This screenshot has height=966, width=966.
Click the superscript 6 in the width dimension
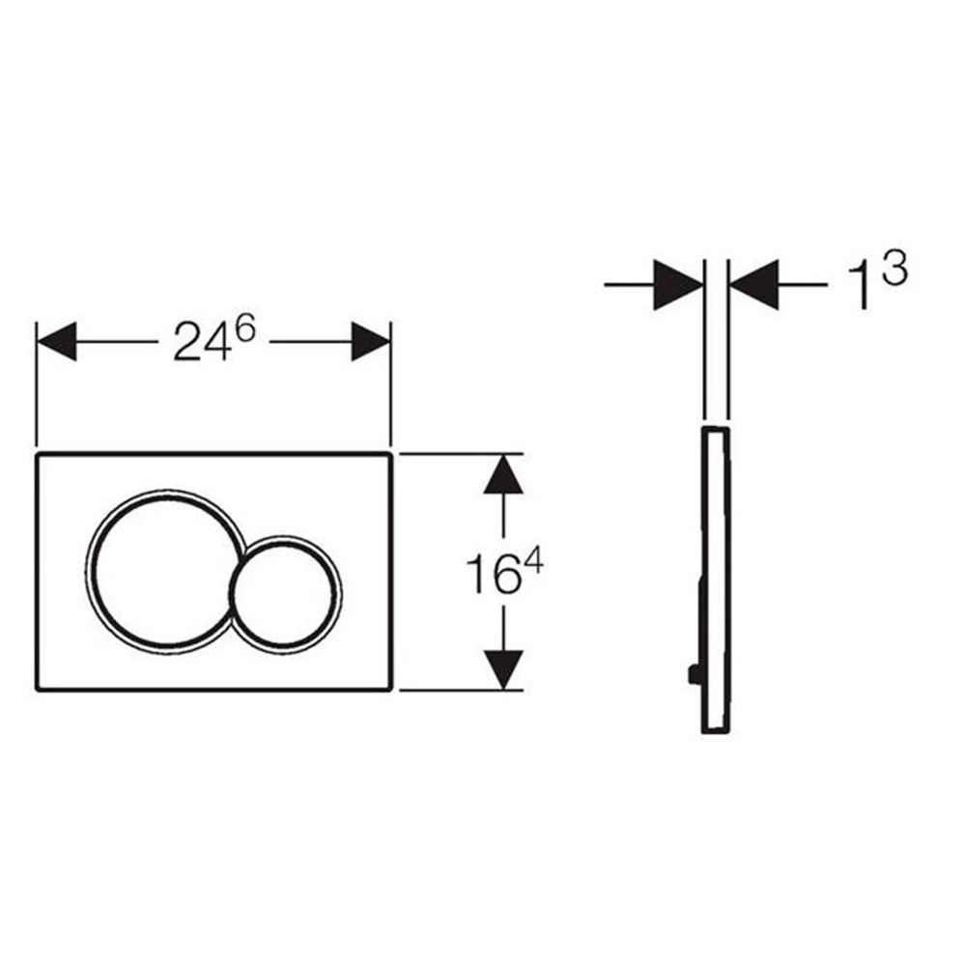pos(244,330)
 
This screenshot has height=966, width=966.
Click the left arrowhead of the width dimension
pos(57,342)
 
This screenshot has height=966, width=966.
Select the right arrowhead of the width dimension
pos(371,342)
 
